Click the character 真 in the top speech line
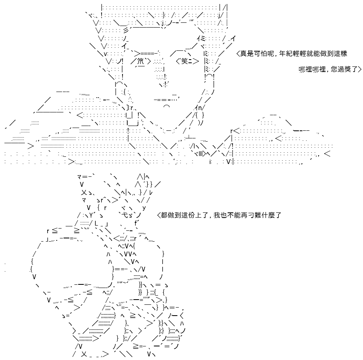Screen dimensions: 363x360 coord(243,54)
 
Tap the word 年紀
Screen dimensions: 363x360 coord(286,54)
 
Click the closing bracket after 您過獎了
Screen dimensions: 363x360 coord(359,69)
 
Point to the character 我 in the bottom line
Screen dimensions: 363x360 coord(217,215)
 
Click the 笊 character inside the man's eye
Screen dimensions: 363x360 coord(140,61)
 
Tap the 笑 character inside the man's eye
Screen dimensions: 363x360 coord(184,61)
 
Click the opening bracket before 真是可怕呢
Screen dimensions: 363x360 coord(238,54)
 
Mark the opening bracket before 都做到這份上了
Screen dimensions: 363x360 coord(158,215)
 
